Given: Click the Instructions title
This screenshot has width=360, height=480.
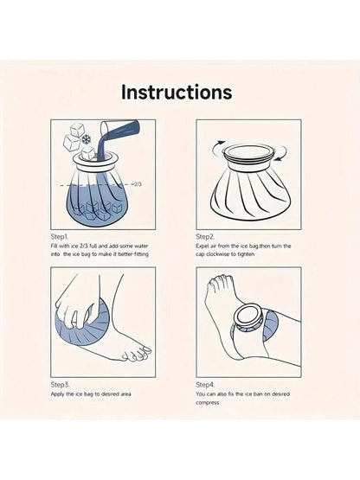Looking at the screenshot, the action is point(177,92).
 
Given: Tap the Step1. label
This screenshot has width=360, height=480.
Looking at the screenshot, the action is point(60,237).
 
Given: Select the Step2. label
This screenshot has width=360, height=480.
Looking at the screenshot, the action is point(205,237).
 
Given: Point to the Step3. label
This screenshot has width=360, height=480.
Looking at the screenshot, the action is point(60,385).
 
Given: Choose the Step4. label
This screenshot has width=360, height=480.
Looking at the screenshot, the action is point(205,385).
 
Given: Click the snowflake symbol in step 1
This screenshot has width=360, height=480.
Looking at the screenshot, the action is point(87,139).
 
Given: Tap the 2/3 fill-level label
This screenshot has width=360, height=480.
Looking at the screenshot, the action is point(138,184).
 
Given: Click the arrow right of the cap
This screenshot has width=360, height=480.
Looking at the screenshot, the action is point(282,154).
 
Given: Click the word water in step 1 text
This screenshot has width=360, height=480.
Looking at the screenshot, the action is point(141,246).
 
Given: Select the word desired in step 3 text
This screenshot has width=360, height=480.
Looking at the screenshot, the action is point(109,394).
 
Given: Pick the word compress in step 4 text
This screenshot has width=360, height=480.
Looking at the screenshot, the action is point(208,403).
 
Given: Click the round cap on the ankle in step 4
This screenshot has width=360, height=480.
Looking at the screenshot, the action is point(247,317).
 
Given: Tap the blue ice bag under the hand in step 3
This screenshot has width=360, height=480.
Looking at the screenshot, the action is point(82,324).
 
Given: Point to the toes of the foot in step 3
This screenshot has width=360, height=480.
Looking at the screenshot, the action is point(137,354).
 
